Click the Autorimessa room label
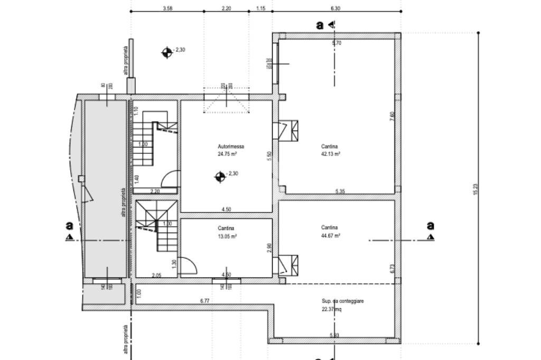231,146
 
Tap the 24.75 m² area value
227,154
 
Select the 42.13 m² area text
330,154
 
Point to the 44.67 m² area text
330,236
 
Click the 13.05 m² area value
227,236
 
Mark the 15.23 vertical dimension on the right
475,189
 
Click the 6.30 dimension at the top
335,8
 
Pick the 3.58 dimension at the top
167,8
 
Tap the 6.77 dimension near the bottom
205,301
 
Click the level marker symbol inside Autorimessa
220,177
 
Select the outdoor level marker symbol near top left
167,52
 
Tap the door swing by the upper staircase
169,179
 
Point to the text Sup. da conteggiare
343,301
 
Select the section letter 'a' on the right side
431,226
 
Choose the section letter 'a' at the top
320,25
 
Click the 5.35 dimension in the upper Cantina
340,191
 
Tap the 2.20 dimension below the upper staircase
155,191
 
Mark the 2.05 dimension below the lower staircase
156,275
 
